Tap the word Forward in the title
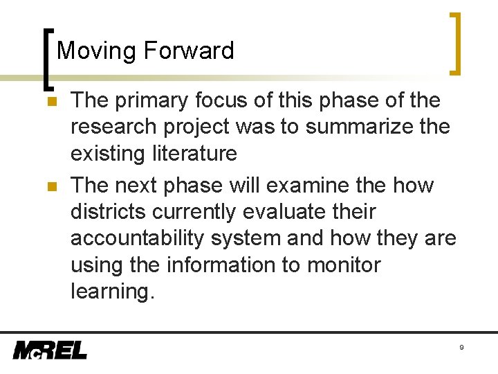189,51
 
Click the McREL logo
50,350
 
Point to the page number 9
461,347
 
